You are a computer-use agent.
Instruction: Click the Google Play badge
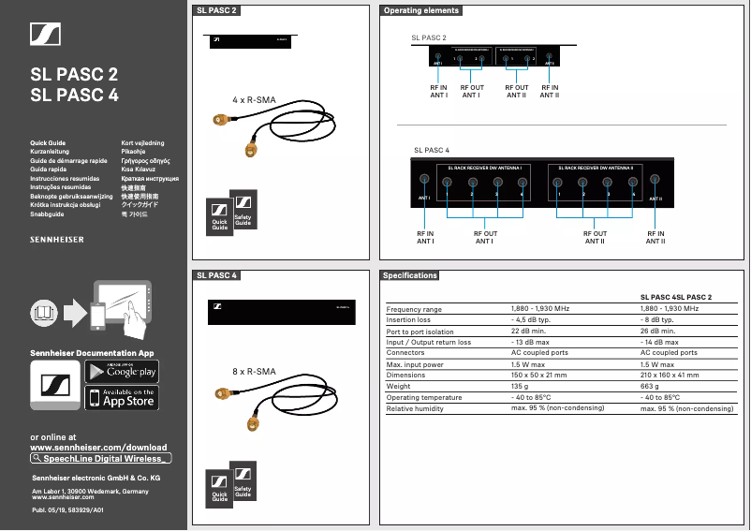click(122, 372)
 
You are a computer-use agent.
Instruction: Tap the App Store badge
click(122, 398)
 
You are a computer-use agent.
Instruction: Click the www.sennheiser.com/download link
click(99, 448)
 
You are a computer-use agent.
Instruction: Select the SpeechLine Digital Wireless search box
click(101, 459)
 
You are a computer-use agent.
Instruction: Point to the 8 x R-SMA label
click(254, 372)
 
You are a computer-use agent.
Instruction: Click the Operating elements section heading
click(421, 10)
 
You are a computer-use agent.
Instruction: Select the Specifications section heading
click(410, 275)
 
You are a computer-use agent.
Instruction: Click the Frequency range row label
click(414, 309)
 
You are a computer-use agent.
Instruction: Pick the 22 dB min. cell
click(528, 331)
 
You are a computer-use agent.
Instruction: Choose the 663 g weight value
click(650, 386)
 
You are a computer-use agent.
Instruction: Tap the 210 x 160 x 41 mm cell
click(670, 375)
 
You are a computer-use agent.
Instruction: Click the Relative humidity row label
click(415, 408)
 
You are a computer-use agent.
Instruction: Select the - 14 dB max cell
click(659, 342)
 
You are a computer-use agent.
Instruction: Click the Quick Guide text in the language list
click(48, 143)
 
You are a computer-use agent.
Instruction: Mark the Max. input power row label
click(415, 364)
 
